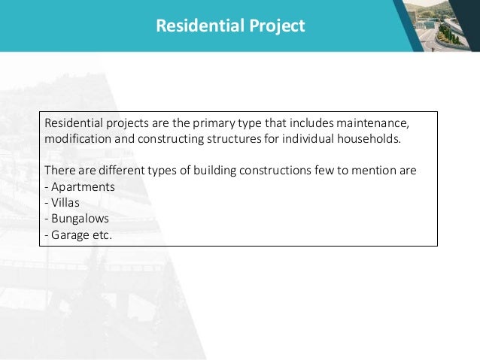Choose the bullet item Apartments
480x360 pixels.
(83, 186)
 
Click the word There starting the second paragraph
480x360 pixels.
(59, 170)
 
